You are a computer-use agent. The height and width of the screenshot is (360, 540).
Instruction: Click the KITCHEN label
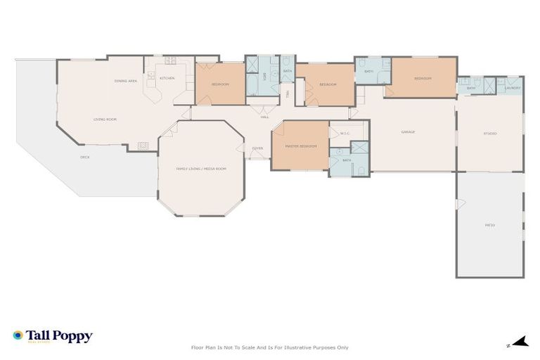click(167, 78)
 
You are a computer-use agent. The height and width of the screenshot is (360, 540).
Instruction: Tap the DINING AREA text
click(126, 81)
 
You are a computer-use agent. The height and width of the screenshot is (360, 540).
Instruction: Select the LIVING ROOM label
click(105, 120)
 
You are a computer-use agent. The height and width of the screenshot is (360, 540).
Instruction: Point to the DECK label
click(84, 157)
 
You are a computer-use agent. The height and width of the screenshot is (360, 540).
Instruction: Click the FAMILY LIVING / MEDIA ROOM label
click(201, 169)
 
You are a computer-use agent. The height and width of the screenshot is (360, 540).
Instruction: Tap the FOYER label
click(257, 148)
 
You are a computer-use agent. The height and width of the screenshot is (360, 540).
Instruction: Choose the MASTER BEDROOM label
click(300, 146)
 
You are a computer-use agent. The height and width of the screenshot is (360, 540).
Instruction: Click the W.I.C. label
click(345, 133)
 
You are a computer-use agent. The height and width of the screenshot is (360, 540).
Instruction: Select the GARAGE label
click(408, 132)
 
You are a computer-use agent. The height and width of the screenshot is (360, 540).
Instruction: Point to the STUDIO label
click(490, 133)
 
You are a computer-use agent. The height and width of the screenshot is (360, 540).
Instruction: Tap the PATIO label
click(490, 225)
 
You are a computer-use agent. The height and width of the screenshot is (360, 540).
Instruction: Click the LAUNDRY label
click(513, 88)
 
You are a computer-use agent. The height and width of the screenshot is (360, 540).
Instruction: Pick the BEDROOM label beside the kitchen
click(220, 84)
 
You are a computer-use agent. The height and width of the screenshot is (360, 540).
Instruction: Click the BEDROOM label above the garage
click(423, 78)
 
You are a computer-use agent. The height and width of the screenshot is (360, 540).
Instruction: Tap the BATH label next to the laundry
click(471, 88)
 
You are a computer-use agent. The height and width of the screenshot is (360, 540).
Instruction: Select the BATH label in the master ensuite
click(347, 160)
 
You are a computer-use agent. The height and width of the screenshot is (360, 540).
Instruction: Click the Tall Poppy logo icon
click(18, 336)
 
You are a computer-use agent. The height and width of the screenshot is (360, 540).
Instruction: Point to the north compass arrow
click(520, 343)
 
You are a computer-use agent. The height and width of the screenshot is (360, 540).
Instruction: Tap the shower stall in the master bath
click(359, 148)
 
